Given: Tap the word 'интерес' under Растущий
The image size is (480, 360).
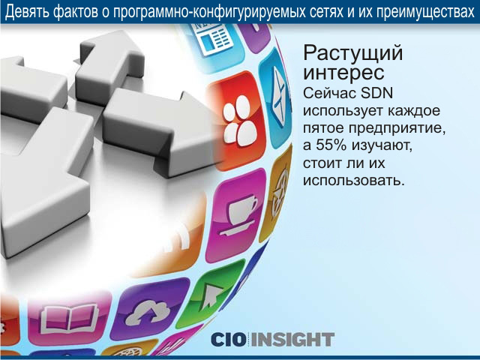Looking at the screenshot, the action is click(x=343, y=73).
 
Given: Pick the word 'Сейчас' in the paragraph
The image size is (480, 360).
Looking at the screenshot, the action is click(x=329, y=93).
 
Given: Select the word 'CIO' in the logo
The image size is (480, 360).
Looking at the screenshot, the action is click(x=228, y=340).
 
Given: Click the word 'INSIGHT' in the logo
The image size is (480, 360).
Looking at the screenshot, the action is click(x=292, y=340).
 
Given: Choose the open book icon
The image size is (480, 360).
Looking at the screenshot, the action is click(x=70, y=319).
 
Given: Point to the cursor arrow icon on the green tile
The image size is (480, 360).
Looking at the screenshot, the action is click(x=211, y=294).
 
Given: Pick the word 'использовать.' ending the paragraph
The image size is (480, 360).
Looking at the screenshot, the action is click(x=354, y=181).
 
